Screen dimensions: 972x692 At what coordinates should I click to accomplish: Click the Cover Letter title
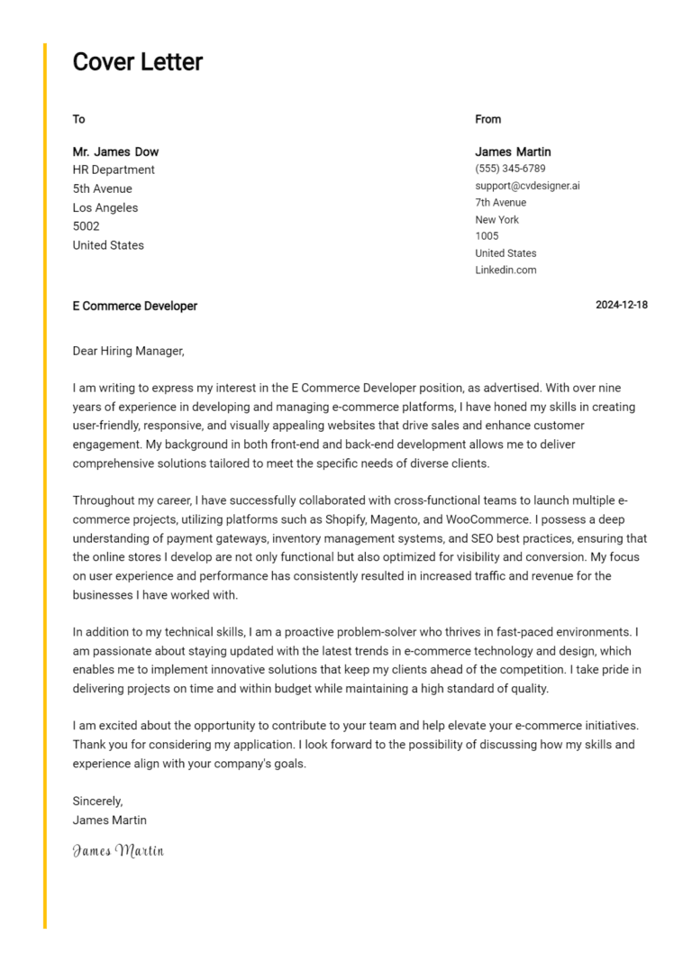click(138, 62)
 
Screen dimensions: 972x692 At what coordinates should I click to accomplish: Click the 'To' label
click(78, 119)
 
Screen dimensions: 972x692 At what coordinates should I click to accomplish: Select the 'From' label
click(487, 119)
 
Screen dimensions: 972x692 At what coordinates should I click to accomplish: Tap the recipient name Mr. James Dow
click(115, 151)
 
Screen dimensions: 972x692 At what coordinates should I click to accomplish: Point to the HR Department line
click(114, 170)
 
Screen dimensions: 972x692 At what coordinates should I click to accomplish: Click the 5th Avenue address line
click(102, 188)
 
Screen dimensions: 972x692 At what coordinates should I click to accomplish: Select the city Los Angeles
click(105, 207)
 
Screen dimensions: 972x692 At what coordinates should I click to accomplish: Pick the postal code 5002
click(86, 226)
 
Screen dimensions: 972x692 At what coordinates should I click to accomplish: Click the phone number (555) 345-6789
click(510, 169)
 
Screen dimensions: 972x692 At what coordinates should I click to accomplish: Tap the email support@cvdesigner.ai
click(527, 186)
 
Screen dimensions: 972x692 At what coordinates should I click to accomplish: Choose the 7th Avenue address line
click(500, 203)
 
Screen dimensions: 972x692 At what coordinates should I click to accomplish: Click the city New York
click(497, 219)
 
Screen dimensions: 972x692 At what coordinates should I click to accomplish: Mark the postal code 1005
click(487, 236)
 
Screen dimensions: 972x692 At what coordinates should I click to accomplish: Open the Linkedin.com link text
click(505, 270)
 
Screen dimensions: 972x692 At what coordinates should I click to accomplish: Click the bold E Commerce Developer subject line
click(134, 306)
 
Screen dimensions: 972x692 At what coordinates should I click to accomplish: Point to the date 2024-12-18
click(621, 305)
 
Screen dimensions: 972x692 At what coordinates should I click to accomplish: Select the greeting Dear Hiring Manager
click(128, 351)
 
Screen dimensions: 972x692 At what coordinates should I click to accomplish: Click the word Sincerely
click(97, 801)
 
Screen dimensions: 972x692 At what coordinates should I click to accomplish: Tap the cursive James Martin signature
click(118, 849)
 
